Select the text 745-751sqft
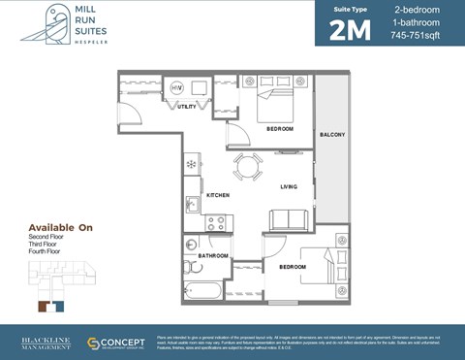click(415, 36)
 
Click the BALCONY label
click(332, 134)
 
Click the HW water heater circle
click(177, 87)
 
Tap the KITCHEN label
click(218, 195)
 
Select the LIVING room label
click(288, 186)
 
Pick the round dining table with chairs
click(247, 167)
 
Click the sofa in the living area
click(289, 220)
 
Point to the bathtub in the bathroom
click(204, 289)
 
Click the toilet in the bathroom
click(192, 265)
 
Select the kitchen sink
click(192, 205)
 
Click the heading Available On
click(60, 227)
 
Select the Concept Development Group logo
click(116, 344)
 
